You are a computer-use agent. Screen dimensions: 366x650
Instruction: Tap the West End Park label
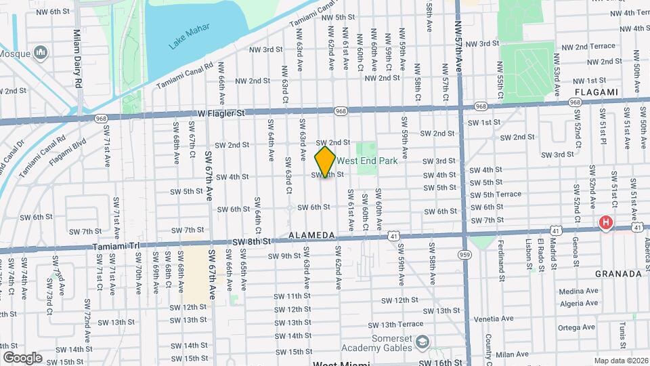pyautogui.click(x=366, y=161)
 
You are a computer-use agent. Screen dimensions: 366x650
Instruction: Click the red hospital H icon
pyautogui.click(x=605, y=222)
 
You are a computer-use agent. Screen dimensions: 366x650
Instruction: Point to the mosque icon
pyautogui.click(x=41, y=52)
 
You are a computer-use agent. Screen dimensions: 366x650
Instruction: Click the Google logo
pyautogui.click(x=22, y=357)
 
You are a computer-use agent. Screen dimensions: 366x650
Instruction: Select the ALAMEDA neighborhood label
pyautogui.click(x=312, y=235)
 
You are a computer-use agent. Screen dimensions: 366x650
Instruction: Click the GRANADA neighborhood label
pyautogui.click(x=617, y=274)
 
